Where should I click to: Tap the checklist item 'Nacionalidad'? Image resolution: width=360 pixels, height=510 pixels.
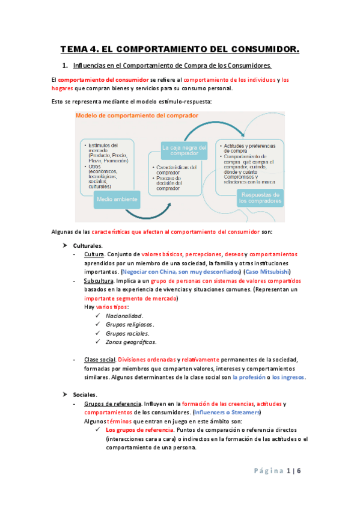124,316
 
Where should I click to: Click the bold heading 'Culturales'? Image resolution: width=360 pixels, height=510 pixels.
88,245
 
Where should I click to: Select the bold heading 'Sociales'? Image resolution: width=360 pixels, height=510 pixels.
85,395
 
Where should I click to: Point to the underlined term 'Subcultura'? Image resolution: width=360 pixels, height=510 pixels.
100,281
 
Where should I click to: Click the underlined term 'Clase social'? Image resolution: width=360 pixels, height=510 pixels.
100,360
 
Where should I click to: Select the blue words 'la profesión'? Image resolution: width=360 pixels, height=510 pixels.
248,377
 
